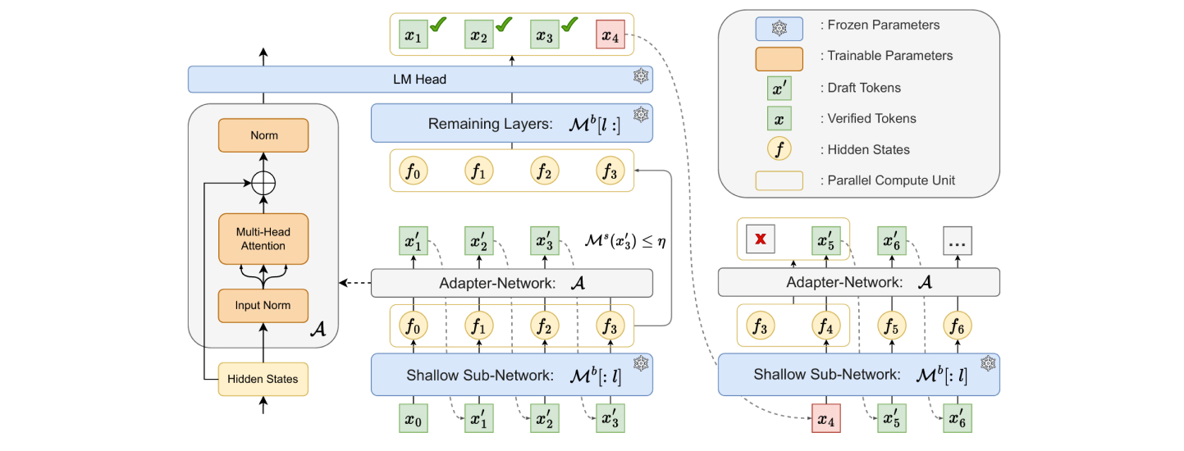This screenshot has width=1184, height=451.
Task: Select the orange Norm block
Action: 263,135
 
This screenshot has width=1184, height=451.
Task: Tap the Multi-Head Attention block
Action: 263,239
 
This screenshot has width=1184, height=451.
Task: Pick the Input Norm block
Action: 263,305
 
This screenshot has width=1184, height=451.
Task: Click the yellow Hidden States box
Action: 263,379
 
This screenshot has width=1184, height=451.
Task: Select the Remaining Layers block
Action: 511,124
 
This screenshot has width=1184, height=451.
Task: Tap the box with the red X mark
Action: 761,240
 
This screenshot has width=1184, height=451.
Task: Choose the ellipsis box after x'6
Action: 958,240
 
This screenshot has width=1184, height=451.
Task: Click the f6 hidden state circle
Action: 958,325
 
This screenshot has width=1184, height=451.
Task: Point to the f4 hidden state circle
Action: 826,325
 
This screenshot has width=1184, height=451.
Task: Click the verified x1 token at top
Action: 414,36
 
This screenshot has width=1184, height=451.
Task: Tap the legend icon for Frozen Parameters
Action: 779,29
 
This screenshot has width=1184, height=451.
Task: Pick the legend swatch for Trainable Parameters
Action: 779,57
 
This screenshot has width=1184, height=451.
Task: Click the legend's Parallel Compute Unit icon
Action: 779,180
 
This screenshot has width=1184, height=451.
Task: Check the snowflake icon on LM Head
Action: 640,78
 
